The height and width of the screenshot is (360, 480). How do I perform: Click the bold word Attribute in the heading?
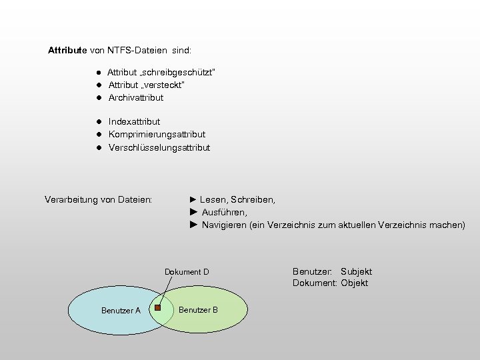(x=67, y=50)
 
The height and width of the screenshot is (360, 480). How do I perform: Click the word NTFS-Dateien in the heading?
(x=137, y=50)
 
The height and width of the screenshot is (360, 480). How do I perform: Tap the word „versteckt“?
(x=163, y=85)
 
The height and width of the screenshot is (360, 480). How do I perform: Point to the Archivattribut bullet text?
(x=136, y=97)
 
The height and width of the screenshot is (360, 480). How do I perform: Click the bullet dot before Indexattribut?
(x=97, y=122)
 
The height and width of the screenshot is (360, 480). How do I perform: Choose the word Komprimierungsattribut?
(x=157, y=135)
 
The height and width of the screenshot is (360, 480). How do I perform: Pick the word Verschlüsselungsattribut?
(x=159, y=147)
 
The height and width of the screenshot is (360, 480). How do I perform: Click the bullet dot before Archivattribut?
(x=97, y=98)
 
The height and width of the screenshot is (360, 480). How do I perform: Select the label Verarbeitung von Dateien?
(x=98, y=199)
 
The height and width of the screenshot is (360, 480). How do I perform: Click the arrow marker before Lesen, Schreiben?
(x=193, y=199)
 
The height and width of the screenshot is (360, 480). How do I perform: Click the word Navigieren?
(x=223, y=225)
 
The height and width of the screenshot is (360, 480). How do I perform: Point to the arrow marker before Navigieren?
(x=193, y=225)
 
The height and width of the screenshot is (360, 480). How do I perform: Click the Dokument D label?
(x=187, y=272)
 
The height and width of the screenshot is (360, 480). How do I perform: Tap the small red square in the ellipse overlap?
(x=158, y=307)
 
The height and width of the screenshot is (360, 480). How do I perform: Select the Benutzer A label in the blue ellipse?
(x=121, y=311)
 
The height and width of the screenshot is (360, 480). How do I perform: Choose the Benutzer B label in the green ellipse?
(x=198, y=310)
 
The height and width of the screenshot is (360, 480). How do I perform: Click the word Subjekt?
(x=356, y=271)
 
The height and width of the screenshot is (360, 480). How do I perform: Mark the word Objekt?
(x=354, y=283)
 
